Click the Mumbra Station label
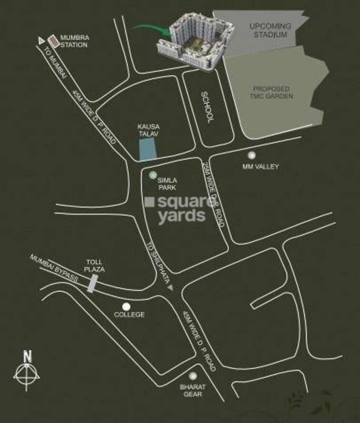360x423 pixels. tap(74, 41)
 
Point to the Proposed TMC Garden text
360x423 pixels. tap(273, 92)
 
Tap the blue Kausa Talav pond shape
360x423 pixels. tap(148, 150)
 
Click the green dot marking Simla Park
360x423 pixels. tap(153, 175)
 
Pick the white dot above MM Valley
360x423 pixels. tap(251, 155)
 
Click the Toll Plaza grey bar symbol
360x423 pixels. tap(93, 284)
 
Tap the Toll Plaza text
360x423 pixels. tap(94, 266)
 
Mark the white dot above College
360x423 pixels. tap(126, 307)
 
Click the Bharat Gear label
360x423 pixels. tap(191, 391)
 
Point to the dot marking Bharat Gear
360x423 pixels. tap(192, 376)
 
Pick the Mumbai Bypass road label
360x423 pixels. tap(54, 269)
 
